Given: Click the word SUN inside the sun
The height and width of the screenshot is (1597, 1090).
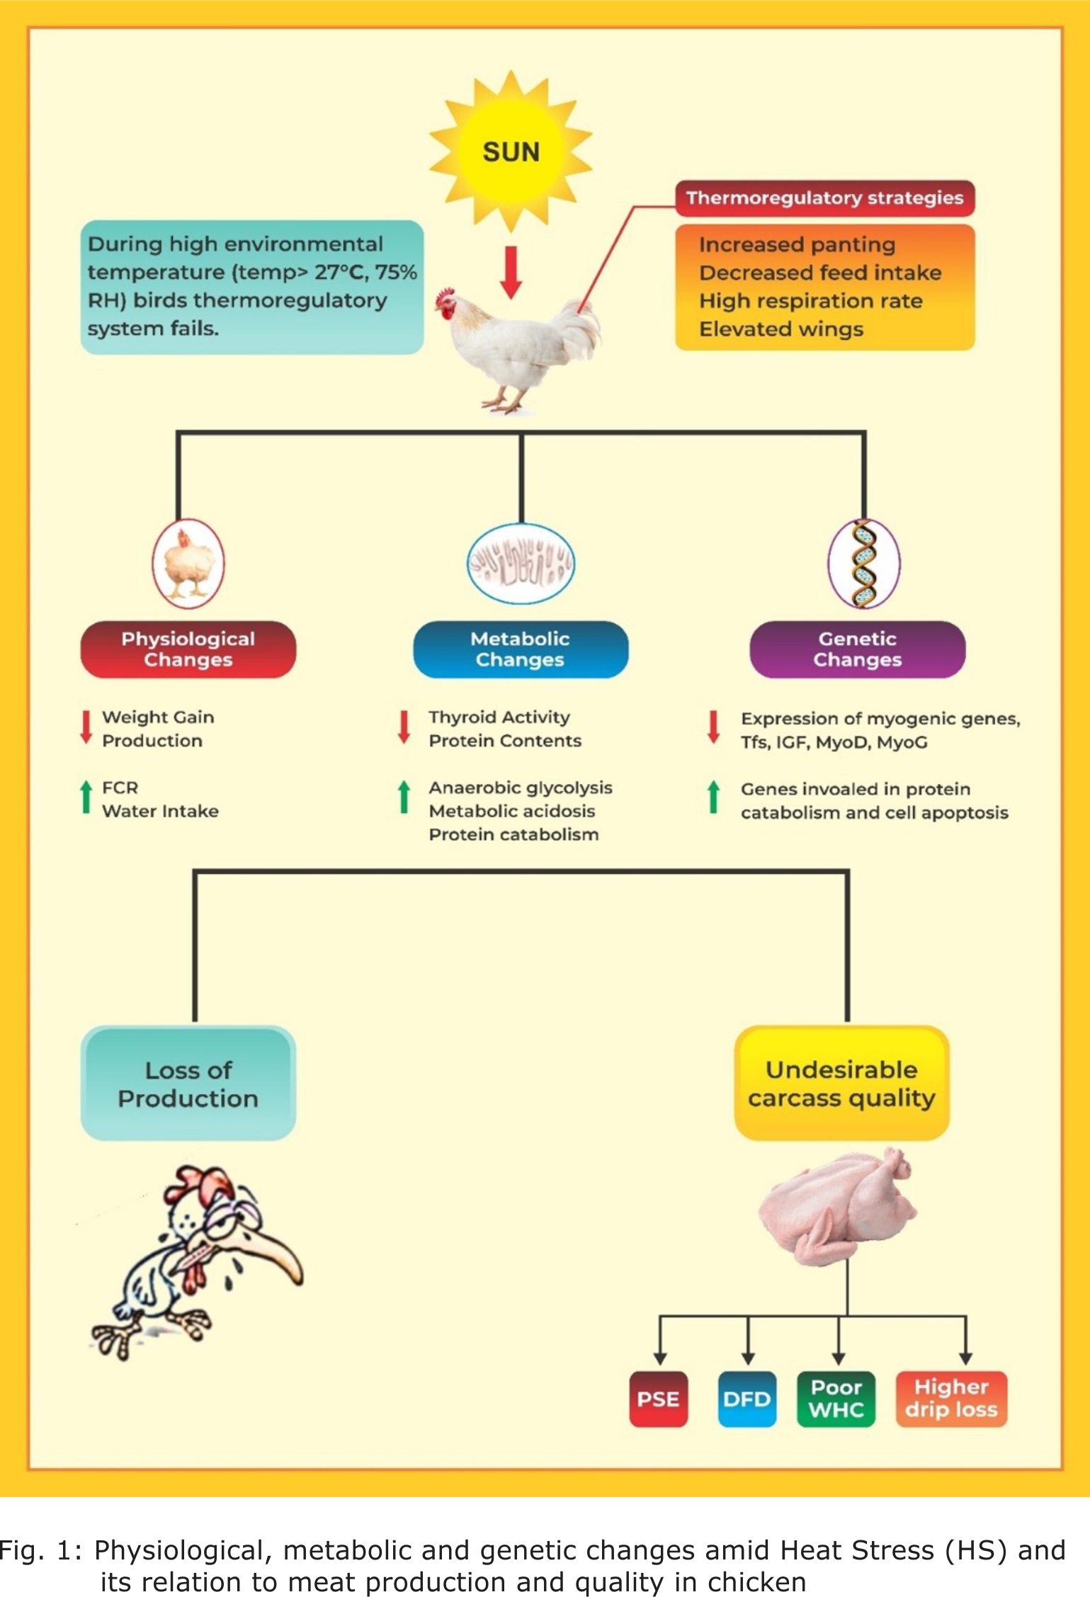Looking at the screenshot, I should pos(511,152).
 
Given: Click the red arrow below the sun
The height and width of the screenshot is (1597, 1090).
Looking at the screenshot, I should pos(511,272).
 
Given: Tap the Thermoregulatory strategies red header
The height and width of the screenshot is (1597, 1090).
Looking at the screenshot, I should pos(824,198).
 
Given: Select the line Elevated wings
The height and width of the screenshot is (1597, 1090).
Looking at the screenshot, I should pos(780,329).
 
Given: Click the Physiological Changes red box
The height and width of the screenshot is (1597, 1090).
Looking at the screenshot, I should pos(188,649).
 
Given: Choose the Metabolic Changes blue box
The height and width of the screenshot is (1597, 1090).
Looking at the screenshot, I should pos(520,649).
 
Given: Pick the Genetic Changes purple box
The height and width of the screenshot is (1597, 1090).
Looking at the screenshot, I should pos(857,649).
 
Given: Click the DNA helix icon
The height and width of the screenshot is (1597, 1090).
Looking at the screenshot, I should pos(864,564).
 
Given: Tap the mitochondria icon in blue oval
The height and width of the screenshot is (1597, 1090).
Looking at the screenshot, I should pos(521,564).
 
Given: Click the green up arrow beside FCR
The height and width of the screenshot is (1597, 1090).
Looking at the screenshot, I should pos(86,797).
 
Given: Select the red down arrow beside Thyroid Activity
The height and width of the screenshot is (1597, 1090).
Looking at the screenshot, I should pos(404,727).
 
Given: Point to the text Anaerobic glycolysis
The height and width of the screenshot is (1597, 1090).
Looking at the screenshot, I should pos(520,788).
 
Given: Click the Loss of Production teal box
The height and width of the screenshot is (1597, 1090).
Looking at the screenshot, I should pos(188,1084).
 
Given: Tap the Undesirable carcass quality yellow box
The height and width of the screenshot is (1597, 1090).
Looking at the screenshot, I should pos(841,1084).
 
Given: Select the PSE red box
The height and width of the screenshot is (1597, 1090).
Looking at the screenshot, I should pos(658,1399).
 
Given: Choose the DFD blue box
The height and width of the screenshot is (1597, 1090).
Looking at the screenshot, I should pos(746,1399).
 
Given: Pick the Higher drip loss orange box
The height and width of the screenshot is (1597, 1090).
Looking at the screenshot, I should pos(950,1399).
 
